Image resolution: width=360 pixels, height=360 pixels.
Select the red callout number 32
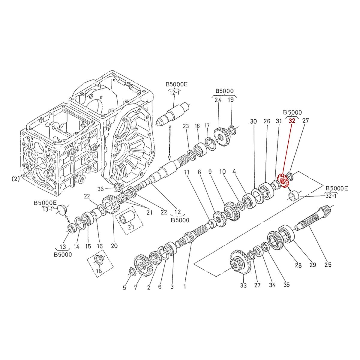coord(292,121)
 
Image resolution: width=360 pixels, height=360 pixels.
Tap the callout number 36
coord(101,189)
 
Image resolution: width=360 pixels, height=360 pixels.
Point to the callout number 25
coord(328,265)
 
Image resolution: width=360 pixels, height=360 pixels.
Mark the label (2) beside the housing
coord(16,179)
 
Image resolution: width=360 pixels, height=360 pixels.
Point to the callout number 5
coord(124,288)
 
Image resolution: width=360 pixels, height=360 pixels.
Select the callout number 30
coord(253,121)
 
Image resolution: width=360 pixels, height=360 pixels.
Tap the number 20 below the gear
coord(114,246)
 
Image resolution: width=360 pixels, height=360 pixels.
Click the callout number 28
coord(298,265)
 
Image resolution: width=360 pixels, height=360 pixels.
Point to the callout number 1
coord(185,286)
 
